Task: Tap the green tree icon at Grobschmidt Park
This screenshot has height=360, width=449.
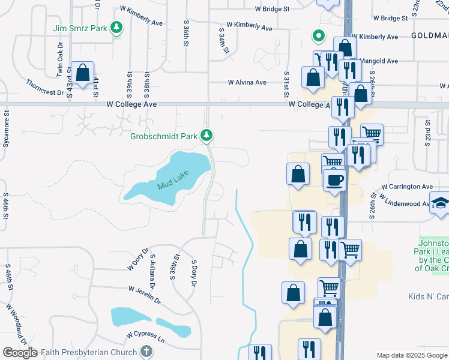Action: [206, 136]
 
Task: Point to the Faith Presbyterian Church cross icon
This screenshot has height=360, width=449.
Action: [146, 352]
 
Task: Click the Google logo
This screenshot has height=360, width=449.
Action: [19, 353]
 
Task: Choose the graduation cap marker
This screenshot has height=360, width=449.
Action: [441, 202]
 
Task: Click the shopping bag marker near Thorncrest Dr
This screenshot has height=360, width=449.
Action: [82, 73]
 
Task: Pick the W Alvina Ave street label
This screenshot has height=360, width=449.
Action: [247, 83]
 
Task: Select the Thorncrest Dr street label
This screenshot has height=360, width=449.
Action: [44, 88]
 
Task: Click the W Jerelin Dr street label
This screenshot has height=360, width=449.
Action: [144, 294]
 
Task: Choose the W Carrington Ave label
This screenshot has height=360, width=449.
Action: [406, 187]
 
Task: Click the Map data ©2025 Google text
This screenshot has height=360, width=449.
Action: [412, 355]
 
